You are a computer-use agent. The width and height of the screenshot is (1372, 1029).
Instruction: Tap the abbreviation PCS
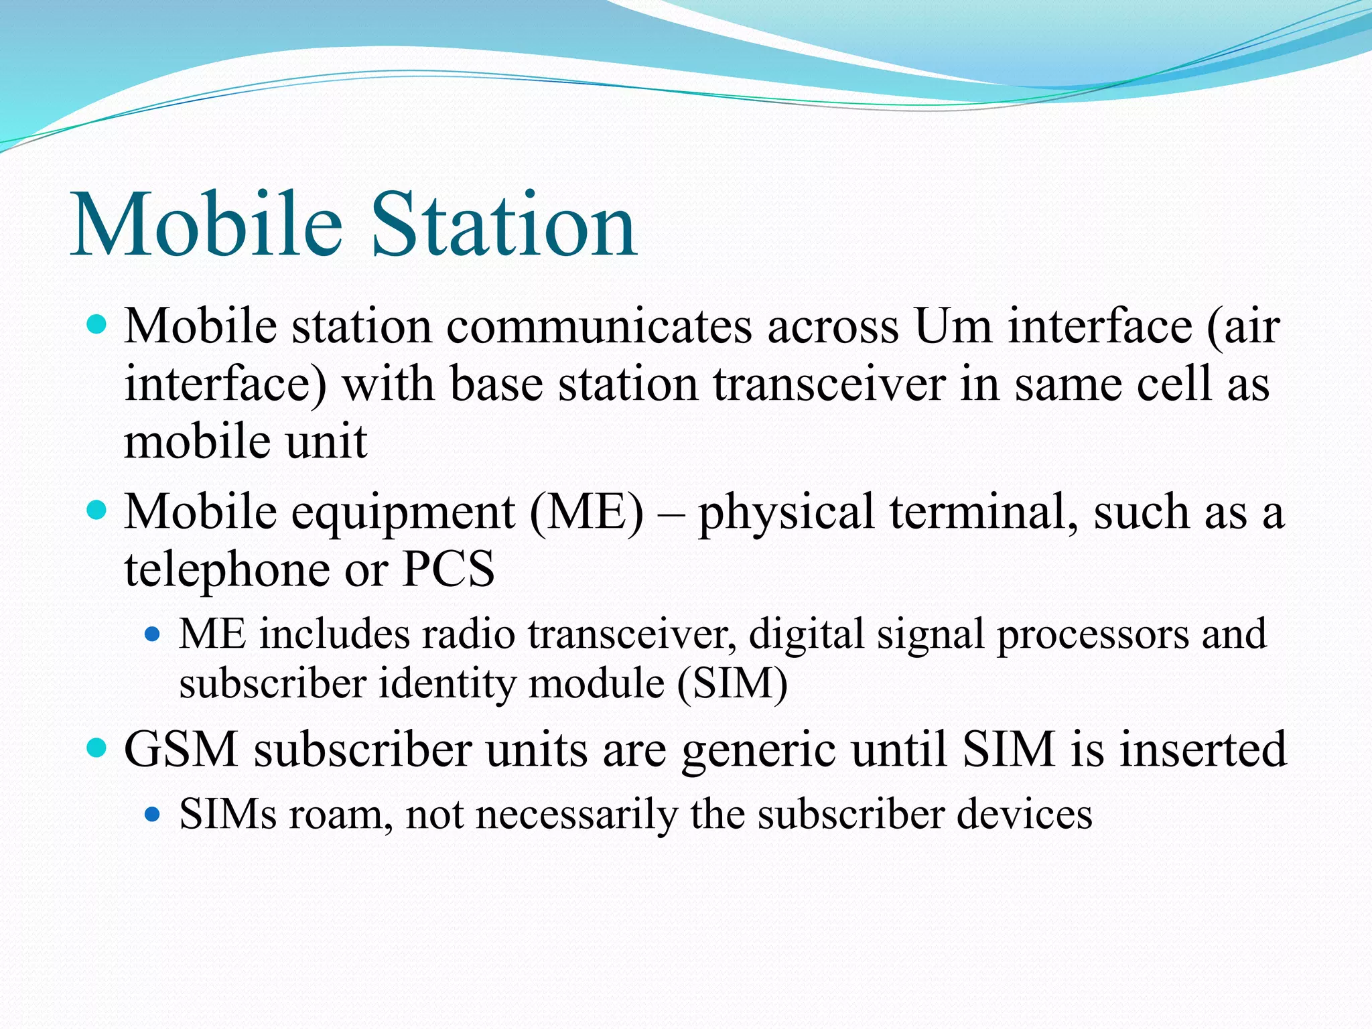[448, 569]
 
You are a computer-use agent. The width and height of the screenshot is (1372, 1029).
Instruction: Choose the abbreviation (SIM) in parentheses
[732, 684]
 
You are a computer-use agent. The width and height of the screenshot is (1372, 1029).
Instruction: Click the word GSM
[182, 749]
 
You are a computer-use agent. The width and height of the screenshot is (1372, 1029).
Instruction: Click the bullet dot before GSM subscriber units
[97, 747]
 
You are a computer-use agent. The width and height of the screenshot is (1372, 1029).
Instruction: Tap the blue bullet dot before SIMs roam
[153, 814]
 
